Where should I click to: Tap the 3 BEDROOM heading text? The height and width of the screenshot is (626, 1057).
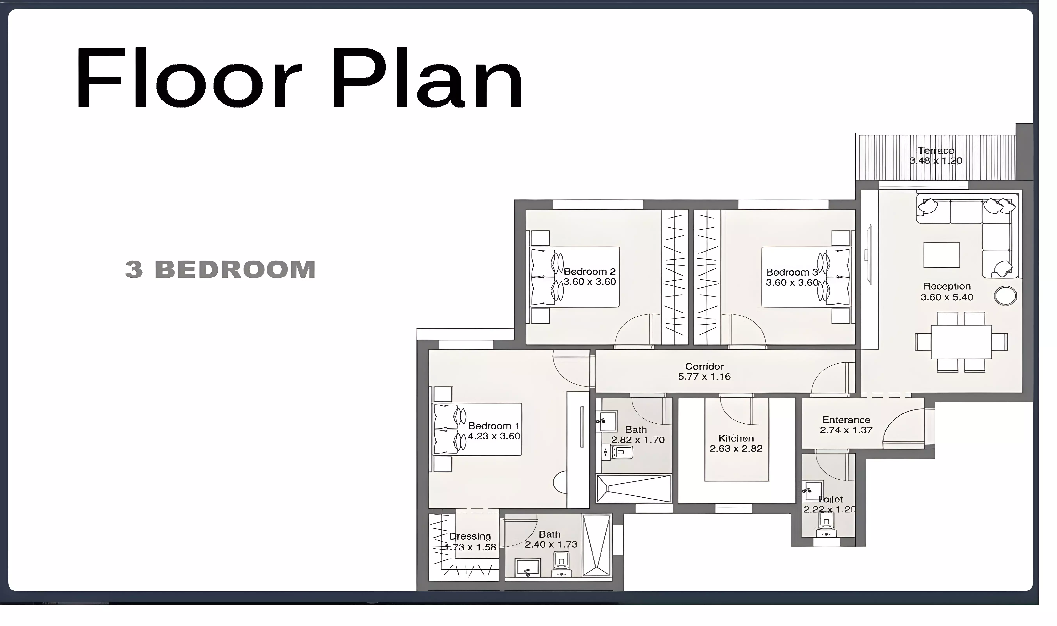(x=220, y=269)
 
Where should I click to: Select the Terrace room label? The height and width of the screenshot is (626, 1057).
(x=936, y=151)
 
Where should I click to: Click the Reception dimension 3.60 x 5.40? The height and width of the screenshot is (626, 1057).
(x=947, y=297)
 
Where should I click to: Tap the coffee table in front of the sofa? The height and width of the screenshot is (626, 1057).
(x=941, y=255)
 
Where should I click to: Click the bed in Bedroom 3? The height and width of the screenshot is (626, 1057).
(x=806, y=277)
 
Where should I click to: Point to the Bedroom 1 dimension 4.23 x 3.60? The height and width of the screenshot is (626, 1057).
(x=494, y=436)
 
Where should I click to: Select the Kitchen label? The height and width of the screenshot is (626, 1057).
(x=736, y=438)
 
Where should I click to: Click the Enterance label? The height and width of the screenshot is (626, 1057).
(x=846, y=420)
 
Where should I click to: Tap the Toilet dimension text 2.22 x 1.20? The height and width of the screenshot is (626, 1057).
(x=829, y=509)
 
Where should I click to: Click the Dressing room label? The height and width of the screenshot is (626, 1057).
(x=470, y=536)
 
